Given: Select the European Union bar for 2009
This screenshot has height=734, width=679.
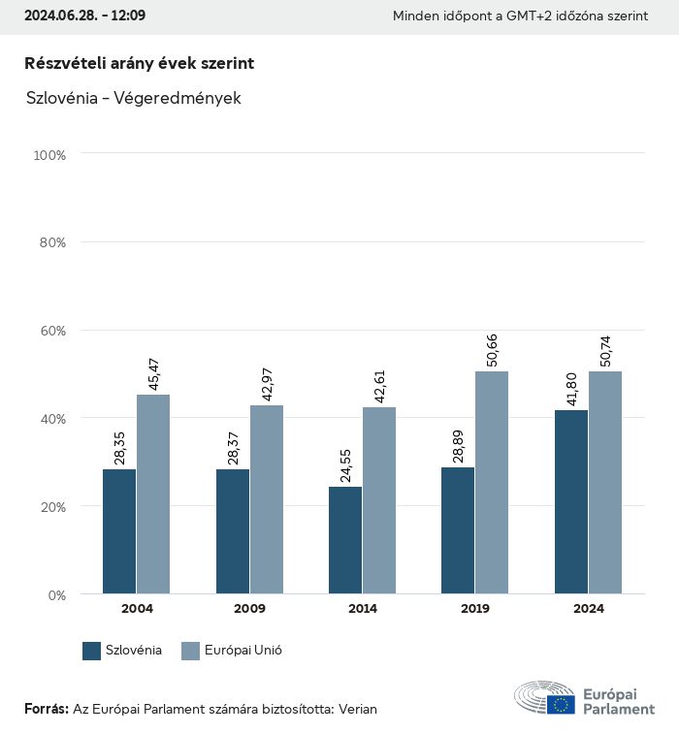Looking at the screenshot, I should click(x=267, y=499).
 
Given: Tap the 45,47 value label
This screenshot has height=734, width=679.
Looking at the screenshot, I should click(x=153, y=374).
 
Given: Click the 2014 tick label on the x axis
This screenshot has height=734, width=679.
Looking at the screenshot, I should click(x=363, y=609).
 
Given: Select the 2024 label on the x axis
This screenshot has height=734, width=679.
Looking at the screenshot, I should click(x=588, y=609).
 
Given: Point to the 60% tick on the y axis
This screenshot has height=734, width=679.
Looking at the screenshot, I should click(x=51, y=331).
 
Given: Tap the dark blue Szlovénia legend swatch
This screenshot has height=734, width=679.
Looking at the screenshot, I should click(x=92, y=651).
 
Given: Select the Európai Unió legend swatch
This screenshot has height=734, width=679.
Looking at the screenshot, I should click(x=190, y=651).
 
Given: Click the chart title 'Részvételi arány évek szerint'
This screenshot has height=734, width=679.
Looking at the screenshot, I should click(x=139, y=63).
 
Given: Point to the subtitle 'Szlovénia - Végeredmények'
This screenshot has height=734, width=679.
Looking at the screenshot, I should click(x=120, y=99).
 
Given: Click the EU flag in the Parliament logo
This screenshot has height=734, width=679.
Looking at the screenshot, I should click(x=561, y=705).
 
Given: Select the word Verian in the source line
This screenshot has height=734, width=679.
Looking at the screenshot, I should click(x=357, y=709).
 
